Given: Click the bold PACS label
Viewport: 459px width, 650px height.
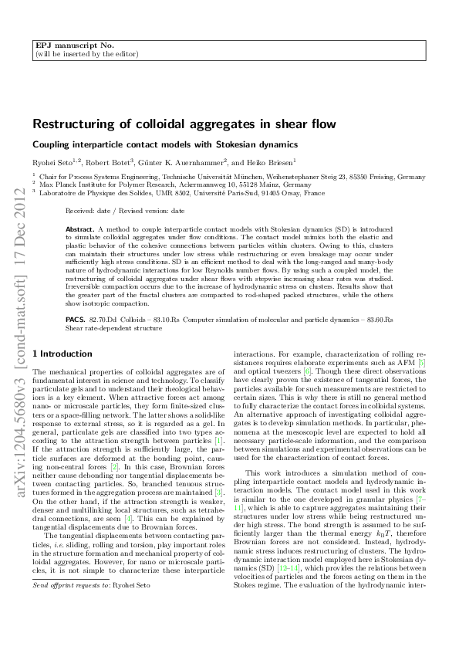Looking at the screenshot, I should [x=75, y=318].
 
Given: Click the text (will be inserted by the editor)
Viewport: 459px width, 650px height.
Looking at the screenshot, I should [x=87, y=55].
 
